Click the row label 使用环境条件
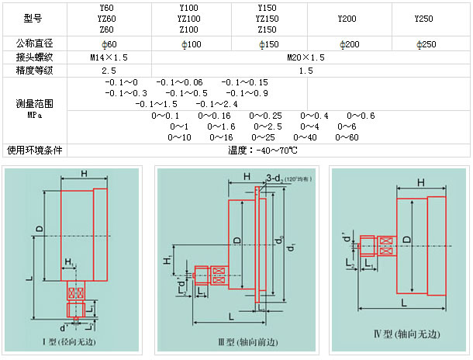33,150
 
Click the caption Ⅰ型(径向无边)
76,342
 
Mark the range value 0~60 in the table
347,137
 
